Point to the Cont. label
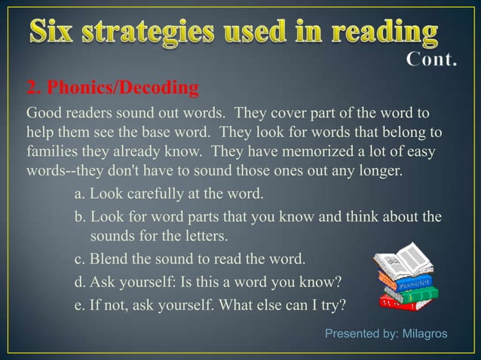[431, 59]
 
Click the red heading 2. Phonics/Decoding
[112, 89]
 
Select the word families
[52, 151]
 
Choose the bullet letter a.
[79, 194]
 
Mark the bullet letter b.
[79, 218]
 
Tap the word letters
[202, 236]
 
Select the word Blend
[108, 260]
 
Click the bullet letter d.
[79, 283]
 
